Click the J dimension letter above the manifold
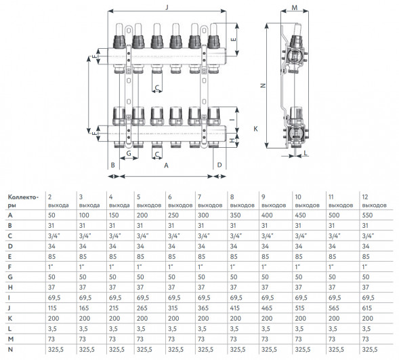167,7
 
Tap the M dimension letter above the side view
295,7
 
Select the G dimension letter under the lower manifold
129,153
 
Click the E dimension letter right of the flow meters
233,39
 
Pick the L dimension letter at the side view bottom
306,153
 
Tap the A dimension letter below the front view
166,165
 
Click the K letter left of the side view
256,129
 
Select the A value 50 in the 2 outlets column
51,216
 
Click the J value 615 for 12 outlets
367,308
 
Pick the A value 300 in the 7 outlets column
203,216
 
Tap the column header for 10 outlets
307,201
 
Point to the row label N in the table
10,350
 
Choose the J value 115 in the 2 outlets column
52,308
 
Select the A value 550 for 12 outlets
367,216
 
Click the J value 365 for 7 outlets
203,308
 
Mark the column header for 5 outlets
149,201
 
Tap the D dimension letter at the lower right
219,165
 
